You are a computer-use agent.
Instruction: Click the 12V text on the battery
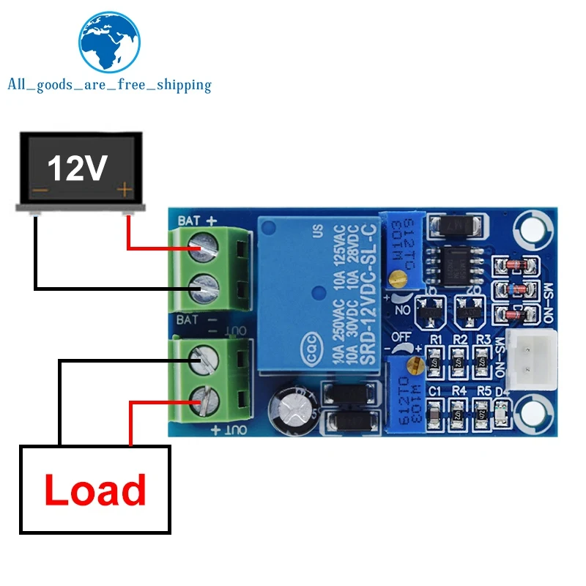[78, 168]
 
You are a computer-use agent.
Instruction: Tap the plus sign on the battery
[125, 191]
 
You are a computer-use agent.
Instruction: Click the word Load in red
[95, 489]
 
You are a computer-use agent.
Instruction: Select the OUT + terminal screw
[205, 400]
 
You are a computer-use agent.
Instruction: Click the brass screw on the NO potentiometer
[398, 278]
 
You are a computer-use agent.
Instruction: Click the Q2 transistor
[467, 311]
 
